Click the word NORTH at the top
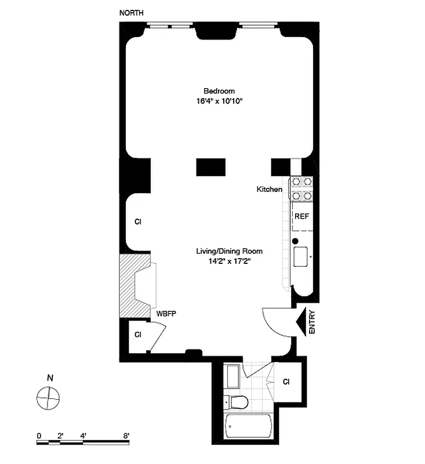coord(132,13)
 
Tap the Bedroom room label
coord(219,91)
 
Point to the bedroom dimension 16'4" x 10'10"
coord(219,101)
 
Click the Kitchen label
coord(270,189)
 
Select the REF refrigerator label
coord(302,216)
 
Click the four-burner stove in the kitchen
coord(302,188)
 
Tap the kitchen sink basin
coord(302,256)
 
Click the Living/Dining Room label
coord(229,251)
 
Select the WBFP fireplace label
coord(166,314)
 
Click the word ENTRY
coord(312,322)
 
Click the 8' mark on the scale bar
coord(126,435)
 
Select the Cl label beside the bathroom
coord(286,382)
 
